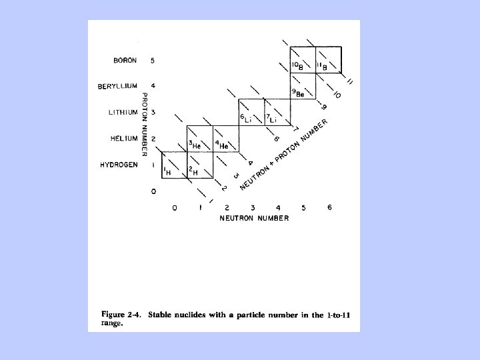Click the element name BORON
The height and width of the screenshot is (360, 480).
click(x=125, y=60)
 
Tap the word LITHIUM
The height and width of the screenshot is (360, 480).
click(x=122, y=112)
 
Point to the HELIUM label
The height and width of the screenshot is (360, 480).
click(x=124, y=139)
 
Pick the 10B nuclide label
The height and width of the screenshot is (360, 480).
click(x=298, y=66)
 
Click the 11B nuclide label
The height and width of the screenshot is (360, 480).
click(x=323, y=66)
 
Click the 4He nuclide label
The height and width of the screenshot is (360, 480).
click(x=221, y=145)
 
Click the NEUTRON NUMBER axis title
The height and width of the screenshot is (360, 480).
click(x=253, y=219)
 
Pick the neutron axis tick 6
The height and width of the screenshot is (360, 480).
click(x=329, y=207)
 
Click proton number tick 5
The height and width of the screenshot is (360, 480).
click(x=153, y=60)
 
